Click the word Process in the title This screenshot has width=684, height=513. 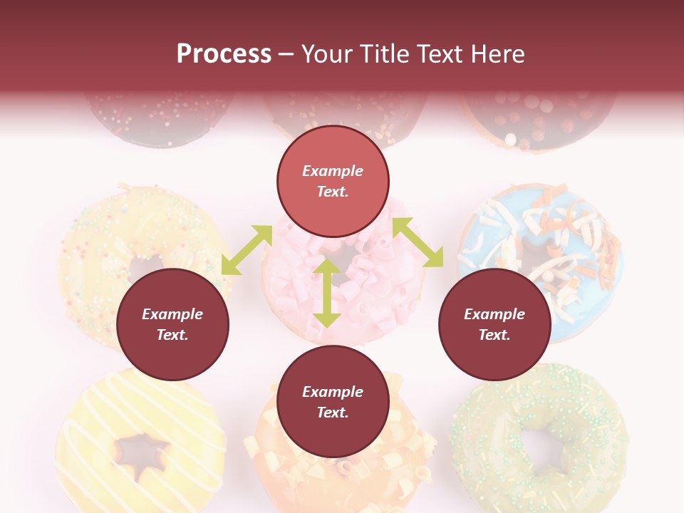(x=224, y=54)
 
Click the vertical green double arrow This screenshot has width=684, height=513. (x=327, y=293)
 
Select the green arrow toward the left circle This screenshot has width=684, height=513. (x=247, y=249)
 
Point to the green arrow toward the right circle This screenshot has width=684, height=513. (x=418, y=242)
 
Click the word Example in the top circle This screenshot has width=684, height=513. (x=333, y=171)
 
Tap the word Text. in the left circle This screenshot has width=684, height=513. (x=172, y=335)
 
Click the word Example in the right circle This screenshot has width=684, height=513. (x=494, y=314)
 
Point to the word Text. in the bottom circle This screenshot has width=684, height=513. (x=333, y=413)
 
